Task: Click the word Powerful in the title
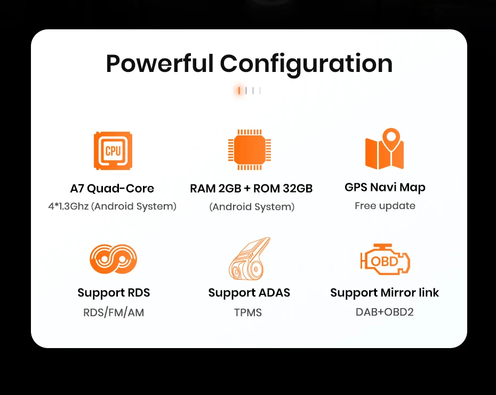[160, 64]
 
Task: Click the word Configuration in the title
[306, 64]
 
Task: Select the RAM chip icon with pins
[249, 150]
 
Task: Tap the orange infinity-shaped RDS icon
[113, 259]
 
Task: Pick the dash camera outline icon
[249, 259]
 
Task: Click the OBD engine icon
[385, 260]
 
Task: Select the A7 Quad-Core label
[112, 188]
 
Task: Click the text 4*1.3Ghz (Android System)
[112, 206]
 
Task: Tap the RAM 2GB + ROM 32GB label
[251, 189]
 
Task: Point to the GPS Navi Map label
[385, 187]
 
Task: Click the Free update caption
[385, 206]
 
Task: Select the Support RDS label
[114, 293]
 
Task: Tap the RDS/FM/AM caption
[114, 312]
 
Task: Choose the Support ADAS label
[249, 293]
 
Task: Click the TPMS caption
[248, 312]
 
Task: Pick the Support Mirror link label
[385, 293]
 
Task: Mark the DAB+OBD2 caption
[385, 312]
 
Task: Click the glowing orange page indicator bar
[239, 91]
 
